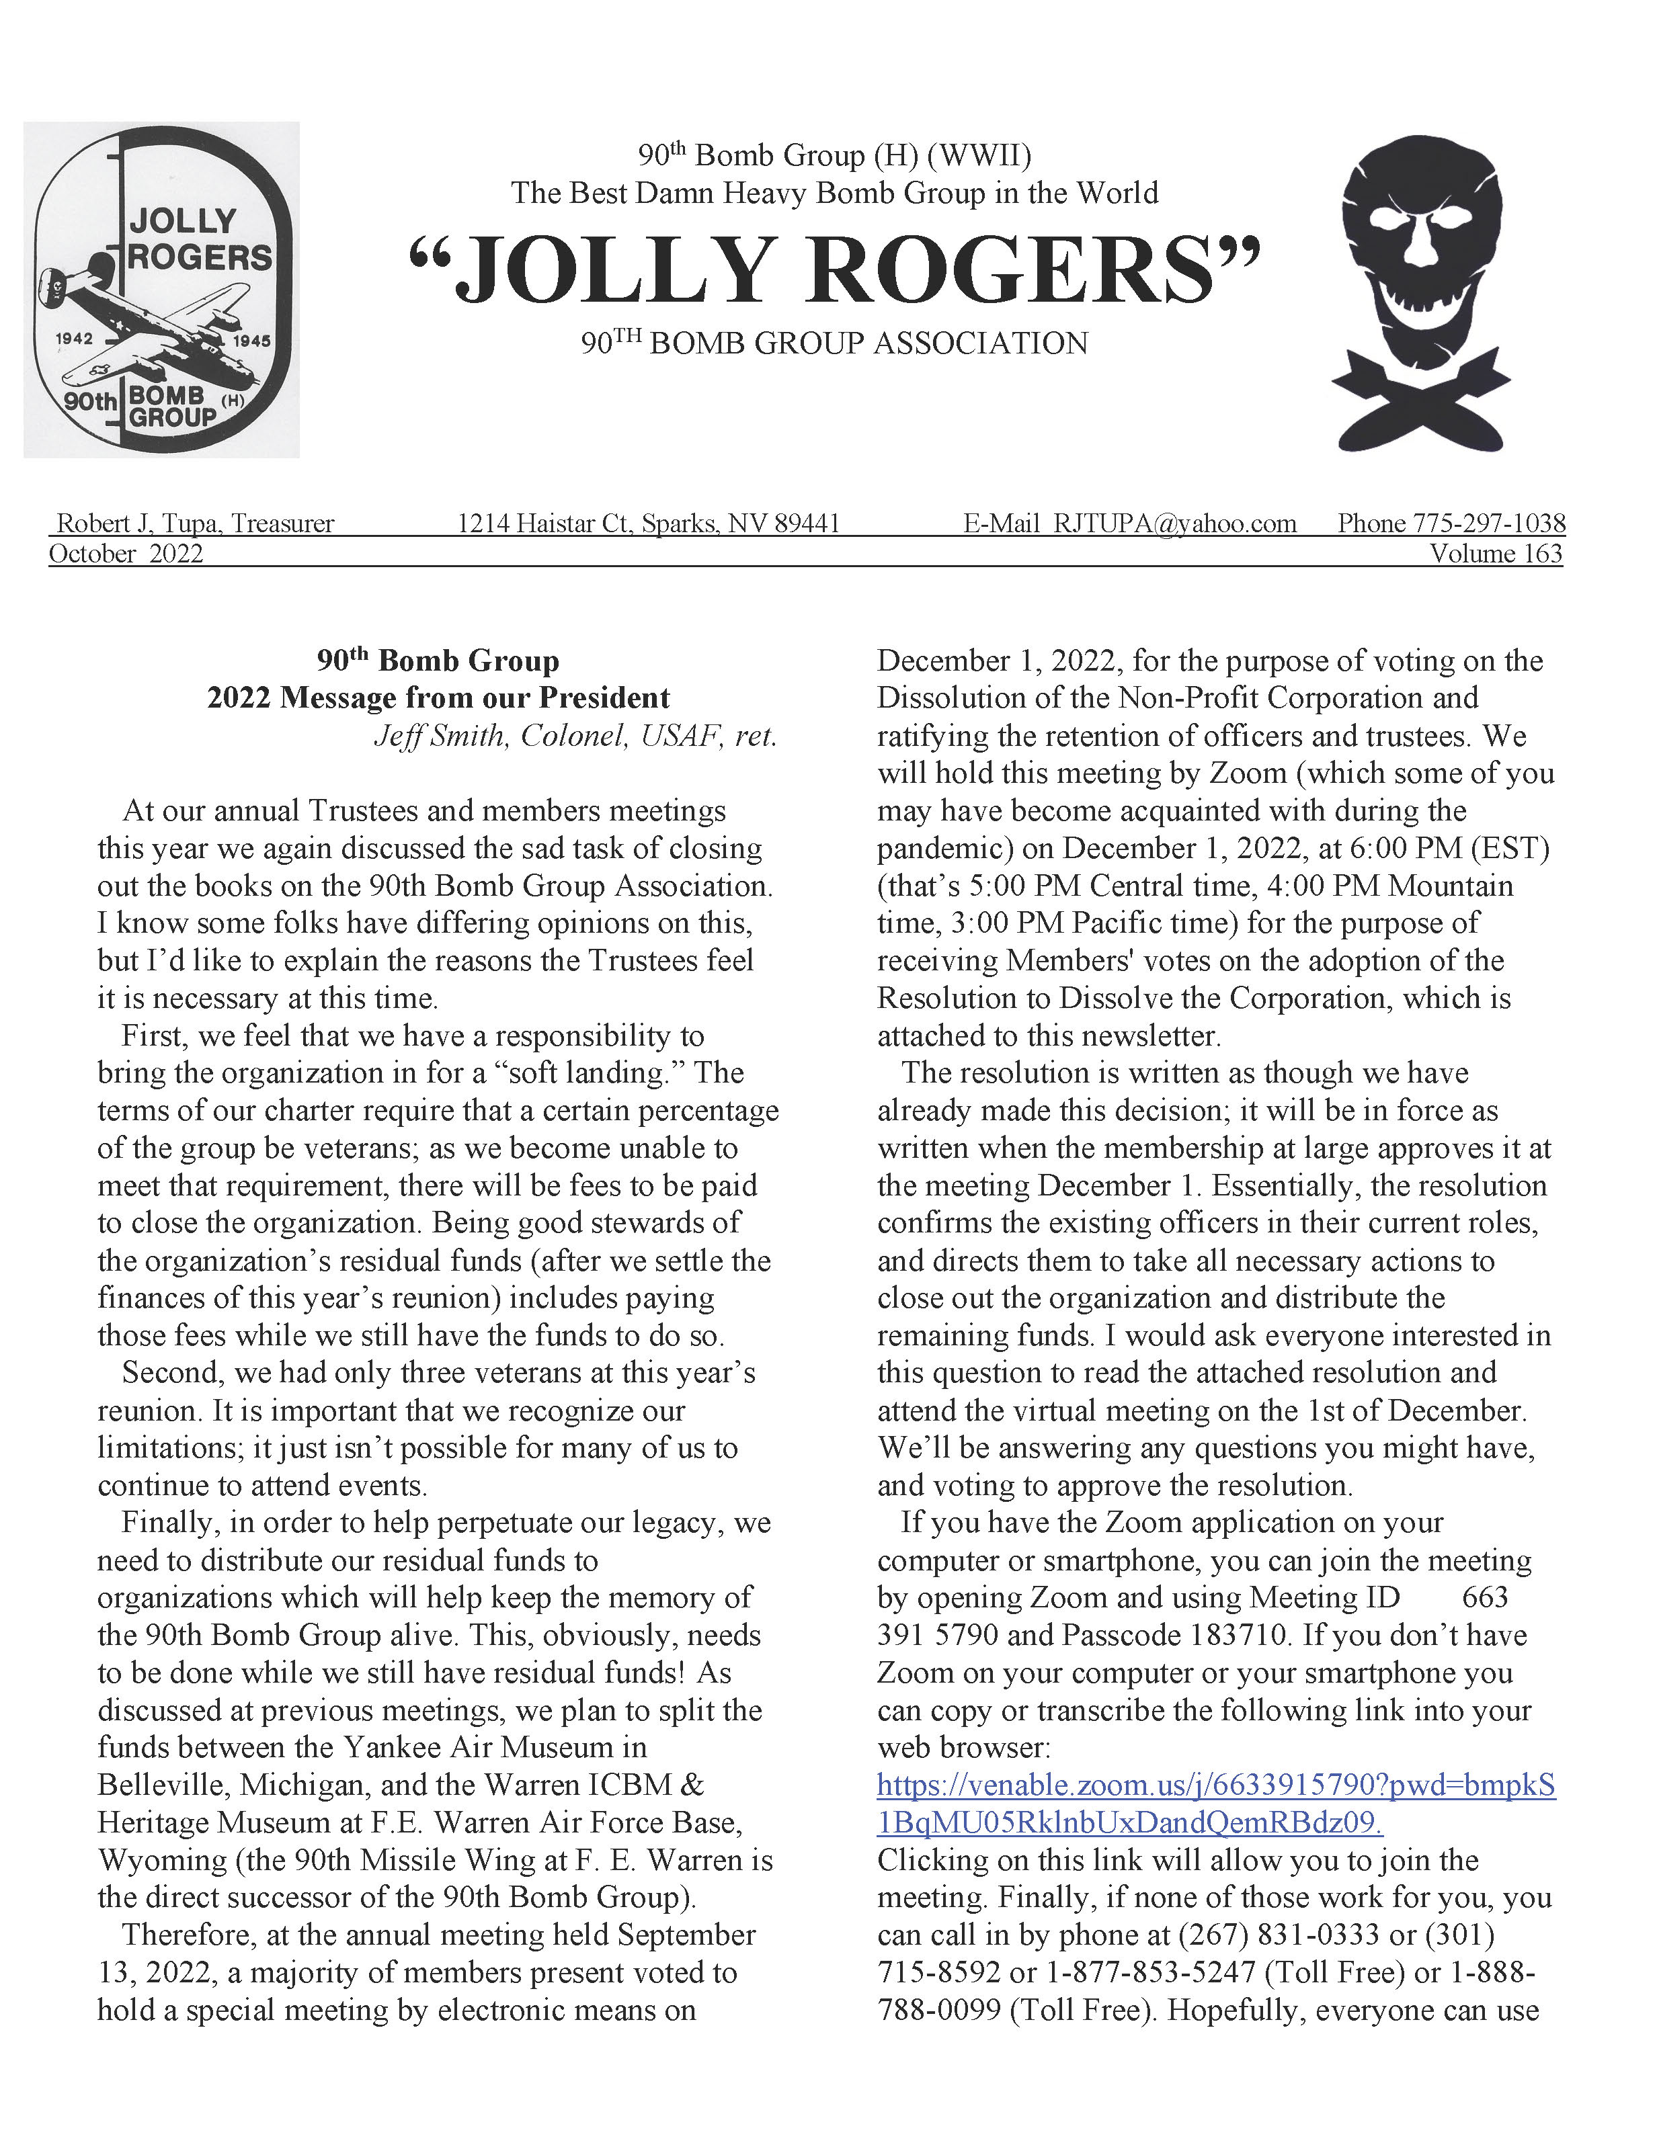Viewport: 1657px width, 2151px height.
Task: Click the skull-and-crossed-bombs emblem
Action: coord(1420,292)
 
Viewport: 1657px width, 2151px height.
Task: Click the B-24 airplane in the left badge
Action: coord(157,325)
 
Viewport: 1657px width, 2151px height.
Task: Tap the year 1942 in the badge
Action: coord(75,339)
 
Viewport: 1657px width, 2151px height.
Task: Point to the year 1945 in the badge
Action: coord(251,341)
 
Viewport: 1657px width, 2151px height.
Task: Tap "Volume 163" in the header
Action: coord(1496,554)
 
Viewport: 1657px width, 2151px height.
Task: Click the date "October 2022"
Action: coord(126,554)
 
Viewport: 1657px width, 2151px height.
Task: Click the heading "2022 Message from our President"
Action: coord(438,698)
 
